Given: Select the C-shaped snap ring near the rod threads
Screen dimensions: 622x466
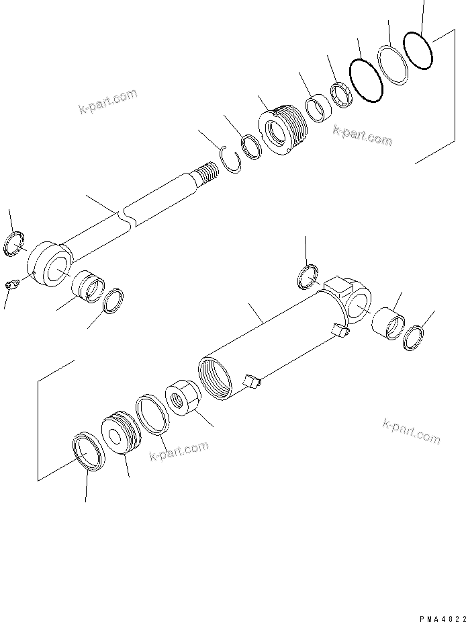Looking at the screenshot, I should pos(231,161).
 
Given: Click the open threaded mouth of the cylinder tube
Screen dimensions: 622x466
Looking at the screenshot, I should pos(214,379).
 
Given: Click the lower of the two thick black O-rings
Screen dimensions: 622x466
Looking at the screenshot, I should pos(367,79).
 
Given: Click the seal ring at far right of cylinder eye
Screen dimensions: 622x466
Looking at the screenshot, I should pos(414,338).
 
